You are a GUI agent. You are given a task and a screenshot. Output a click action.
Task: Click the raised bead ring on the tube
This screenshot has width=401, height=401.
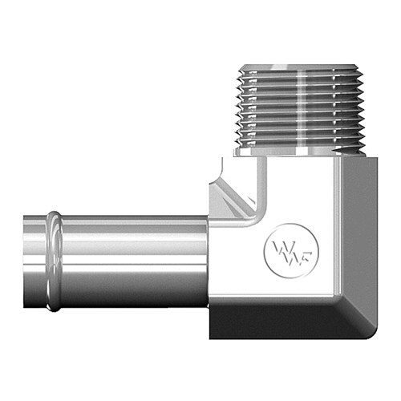(54, 261)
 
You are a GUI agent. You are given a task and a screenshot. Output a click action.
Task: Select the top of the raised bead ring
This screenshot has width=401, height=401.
(54, 215)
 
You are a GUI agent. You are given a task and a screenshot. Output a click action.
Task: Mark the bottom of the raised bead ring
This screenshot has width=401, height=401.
(54, 307)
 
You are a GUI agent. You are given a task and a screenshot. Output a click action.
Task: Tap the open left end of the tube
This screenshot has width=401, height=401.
(25, 261)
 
